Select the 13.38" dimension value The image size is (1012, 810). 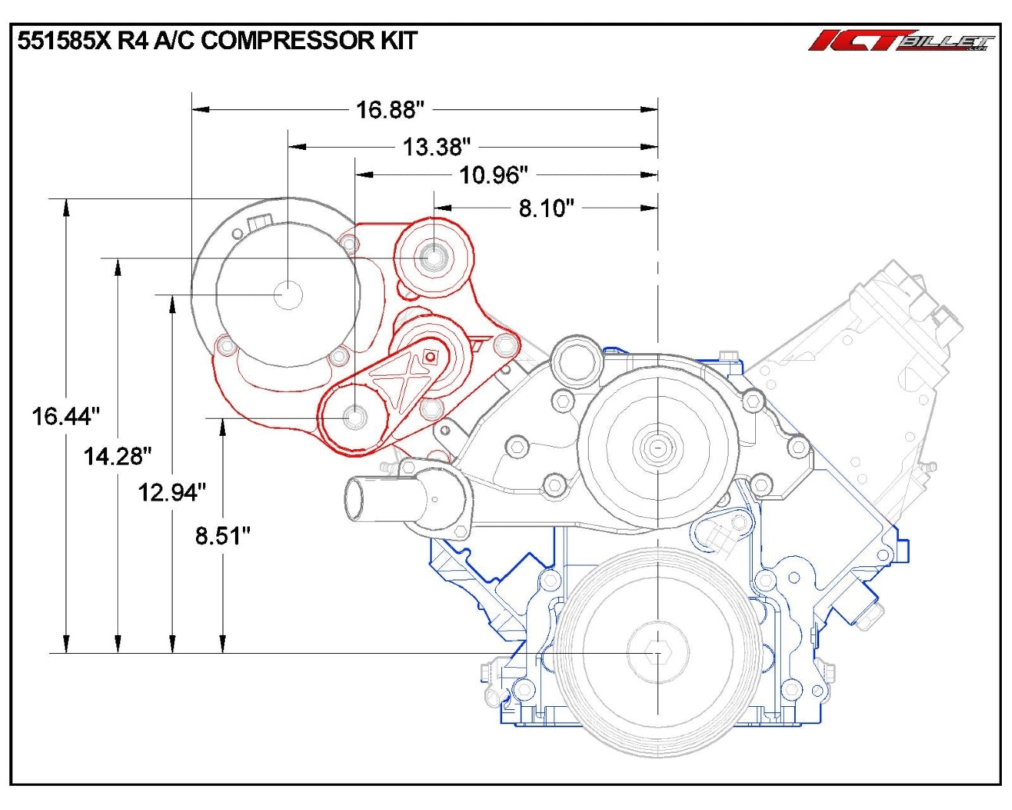tap(437, 146)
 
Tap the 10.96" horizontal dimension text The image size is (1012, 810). tap(494, 175)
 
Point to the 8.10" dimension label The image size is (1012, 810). tap(547, 208)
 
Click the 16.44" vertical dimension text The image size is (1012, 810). tap(66, 416)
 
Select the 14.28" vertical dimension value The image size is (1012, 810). tap(117, 456)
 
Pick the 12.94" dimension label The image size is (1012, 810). tap(172, 493)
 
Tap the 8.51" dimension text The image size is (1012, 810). tap(223, 536)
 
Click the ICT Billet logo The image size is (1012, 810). tap(901, 41)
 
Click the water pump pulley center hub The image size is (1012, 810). tap(657, 447)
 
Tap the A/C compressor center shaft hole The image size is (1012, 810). tap(288, 294)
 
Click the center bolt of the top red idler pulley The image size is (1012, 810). tap(433, 255)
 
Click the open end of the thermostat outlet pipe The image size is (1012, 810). tap(355, 498)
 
